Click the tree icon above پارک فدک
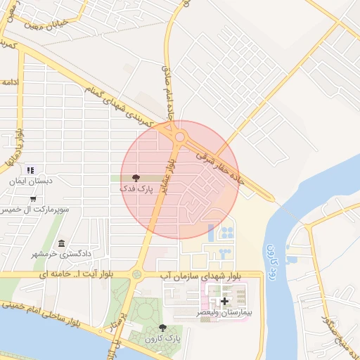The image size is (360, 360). [x=136, y=179]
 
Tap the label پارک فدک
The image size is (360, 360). [x=136, y=189]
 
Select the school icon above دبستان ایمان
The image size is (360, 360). [x=30, y=170]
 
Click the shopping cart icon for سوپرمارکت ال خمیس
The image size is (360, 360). [x=33, y=199]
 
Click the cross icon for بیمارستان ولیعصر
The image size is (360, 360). [x=225, y=301]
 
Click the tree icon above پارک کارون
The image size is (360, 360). [x=163, y=328]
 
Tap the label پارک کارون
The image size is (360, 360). [x=163, y=338]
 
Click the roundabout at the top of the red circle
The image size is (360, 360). [x=179, y=137]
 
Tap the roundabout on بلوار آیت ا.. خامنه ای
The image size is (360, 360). [x=136, y=274]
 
